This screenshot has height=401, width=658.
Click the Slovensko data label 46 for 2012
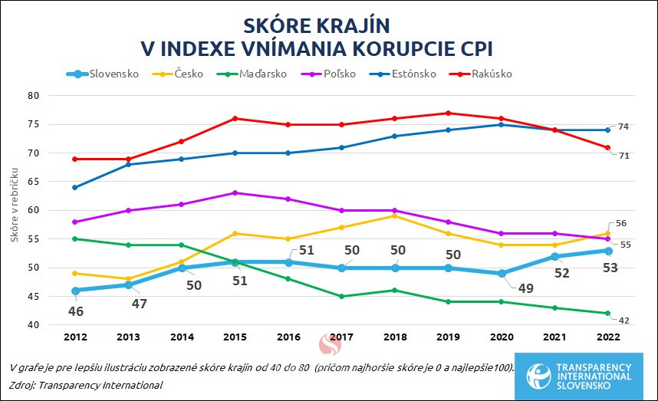(76, 312)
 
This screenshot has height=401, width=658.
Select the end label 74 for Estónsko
(623, 127)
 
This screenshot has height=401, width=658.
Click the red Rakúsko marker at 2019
(448, 113)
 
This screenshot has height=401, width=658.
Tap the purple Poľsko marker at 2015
(235, 193)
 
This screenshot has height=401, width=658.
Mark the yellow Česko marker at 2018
(394, 215)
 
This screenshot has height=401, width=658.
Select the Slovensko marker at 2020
(501, 273)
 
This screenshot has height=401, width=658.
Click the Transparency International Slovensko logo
(579, 376)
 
